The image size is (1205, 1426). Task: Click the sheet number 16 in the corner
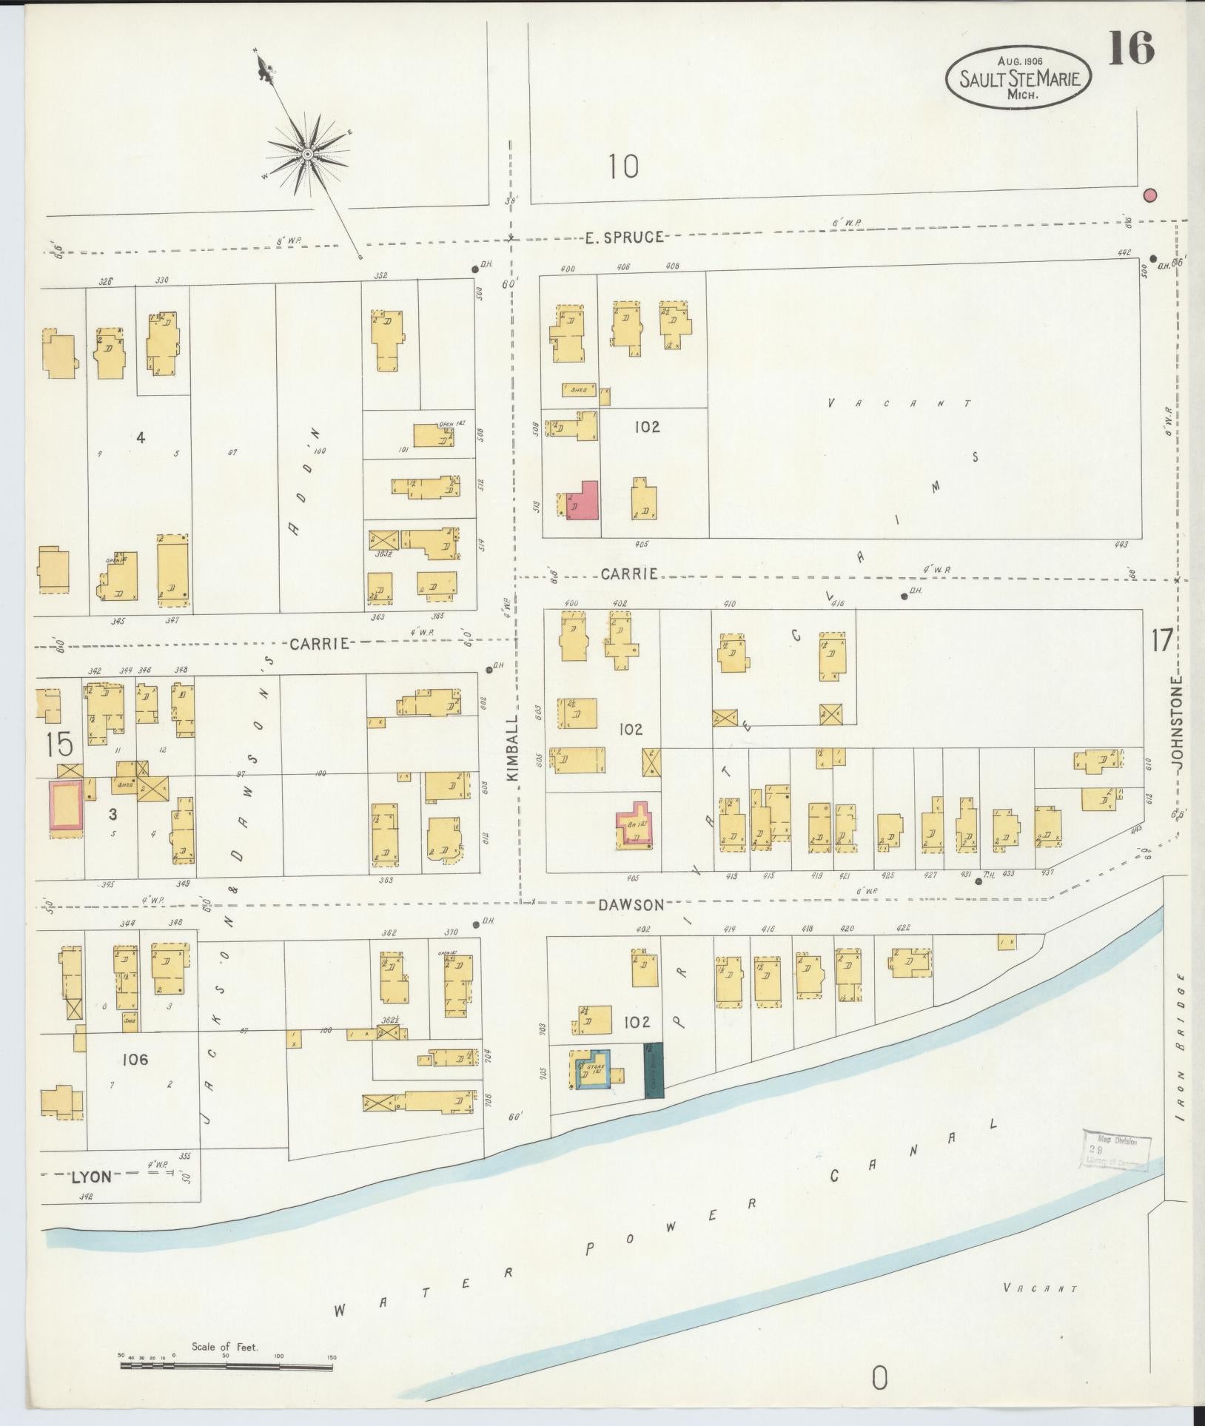coord(1132,50)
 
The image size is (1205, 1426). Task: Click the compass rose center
coord(306,154)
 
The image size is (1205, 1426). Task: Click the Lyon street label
coord(92,1177)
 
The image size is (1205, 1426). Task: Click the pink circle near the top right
coord(1149,195)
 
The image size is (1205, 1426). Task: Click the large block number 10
coord(623,167)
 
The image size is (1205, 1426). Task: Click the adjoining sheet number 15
coord(58,744)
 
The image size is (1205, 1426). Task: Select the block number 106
coord(136,1060)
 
